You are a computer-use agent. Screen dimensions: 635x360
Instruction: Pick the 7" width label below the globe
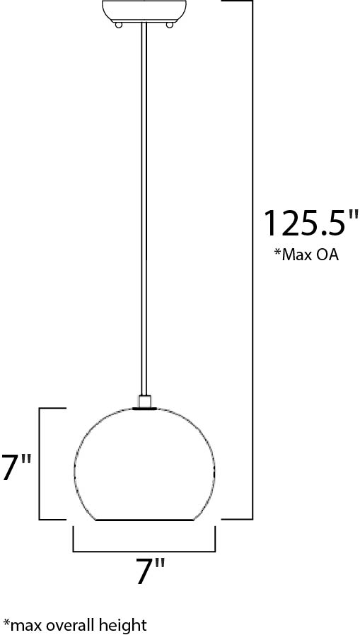[x=150, y=570]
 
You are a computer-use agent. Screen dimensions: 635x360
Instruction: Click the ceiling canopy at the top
[x=144, y=10]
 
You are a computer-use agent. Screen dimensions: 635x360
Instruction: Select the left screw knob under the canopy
[x=118, y=25]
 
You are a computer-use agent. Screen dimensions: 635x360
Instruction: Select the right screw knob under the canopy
[x=170, y=25]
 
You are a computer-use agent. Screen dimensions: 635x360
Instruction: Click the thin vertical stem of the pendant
[x=144, y=212]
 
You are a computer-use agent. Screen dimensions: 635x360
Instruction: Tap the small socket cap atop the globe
[x=144, y=402]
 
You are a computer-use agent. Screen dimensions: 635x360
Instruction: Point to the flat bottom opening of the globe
[x=144, y=520]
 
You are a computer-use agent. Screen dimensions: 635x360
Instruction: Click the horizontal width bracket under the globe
[x=144, y=549]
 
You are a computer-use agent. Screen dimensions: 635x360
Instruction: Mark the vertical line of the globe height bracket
[x=40, y=463]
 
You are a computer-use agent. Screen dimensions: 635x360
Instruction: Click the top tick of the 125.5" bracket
[x=237, y=1]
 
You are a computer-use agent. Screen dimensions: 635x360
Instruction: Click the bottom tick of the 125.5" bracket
[x=237, y=519]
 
